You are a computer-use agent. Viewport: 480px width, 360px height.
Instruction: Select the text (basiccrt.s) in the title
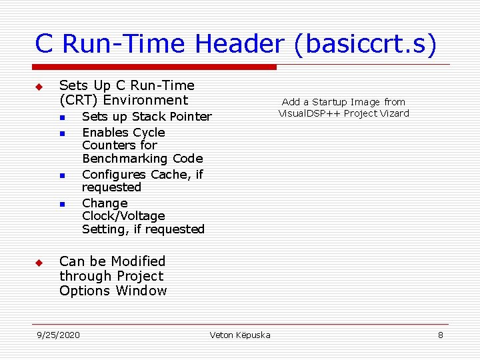coord(363,44)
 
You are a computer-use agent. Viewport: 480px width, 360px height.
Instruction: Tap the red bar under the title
coord(155,67)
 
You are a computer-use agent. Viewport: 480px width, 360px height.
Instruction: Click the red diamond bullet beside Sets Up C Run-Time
coord(39,87)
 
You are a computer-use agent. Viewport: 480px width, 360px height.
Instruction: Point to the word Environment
coord(151,100)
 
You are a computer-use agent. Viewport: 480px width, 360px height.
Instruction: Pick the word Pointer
coord(190,117)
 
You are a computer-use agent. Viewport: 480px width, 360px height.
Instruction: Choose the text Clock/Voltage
coord(123,216)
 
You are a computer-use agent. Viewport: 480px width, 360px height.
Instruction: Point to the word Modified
coord(138,261)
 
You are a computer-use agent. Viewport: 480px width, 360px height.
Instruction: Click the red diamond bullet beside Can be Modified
coord(39,263)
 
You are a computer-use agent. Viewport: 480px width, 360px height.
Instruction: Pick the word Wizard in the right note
coord(395,113)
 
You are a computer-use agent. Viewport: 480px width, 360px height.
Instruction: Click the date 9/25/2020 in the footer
coord(58,335)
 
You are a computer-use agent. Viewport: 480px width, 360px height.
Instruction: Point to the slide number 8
coord(440,335)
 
